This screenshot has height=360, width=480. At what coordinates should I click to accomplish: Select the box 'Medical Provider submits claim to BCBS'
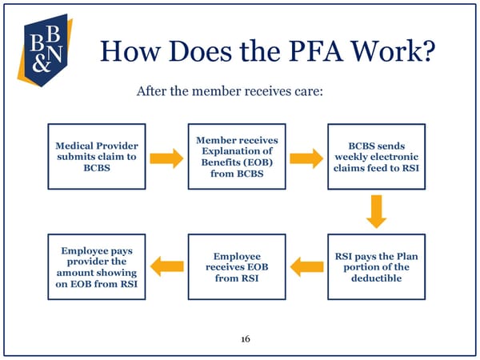point(97,157)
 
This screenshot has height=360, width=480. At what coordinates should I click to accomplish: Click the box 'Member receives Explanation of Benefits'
point(236,157)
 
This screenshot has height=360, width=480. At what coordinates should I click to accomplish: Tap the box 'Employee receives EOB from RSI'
point(236,266)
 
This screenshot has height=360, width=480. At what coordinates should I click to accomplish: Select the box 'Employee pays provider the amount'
point(97,266)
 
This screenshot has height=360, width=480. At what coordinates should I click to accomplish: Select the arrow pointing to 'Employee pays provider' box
point(166,266)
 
